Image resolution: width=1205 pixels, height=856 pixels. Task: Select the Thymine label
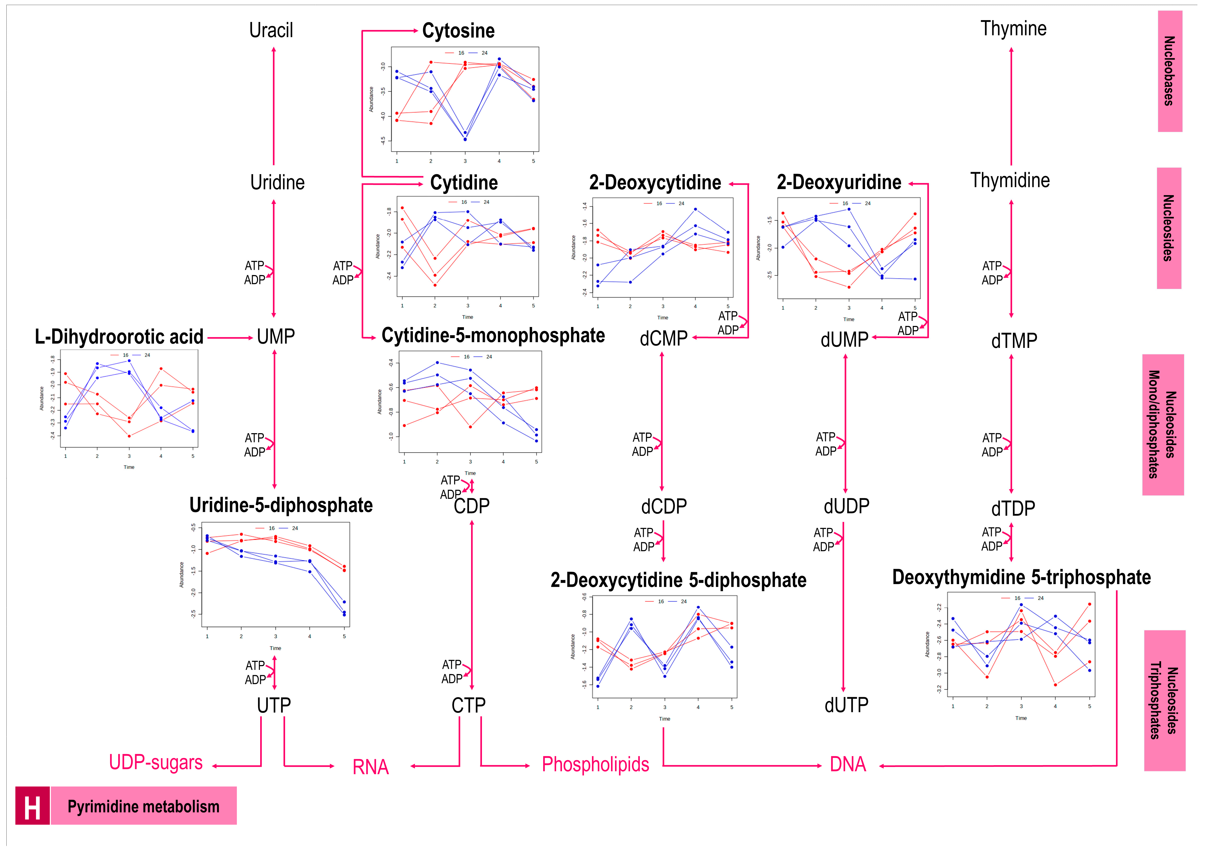point(1013,29)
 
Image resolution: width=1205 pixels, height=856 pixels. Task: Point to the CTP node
point(468,705)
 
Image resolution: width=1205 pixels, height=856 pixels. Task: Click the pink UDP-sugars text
point(156,763)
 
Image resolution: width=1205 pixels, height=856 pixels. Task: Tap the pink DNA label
point(848,764)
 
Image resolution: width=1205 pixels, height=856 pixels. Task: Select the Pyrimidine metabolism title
point(143,807)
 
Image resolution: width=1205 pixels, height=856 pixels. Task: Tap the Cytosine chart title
point(458,31)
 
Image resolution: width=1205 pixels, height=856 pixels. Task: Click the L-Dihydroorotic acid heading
point(119,337)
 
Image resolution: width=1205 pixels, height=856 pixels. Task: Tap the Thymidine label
point(1010,181)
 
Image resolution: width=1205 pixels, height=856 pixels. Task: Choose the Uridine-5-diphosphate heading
point(281,505)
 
